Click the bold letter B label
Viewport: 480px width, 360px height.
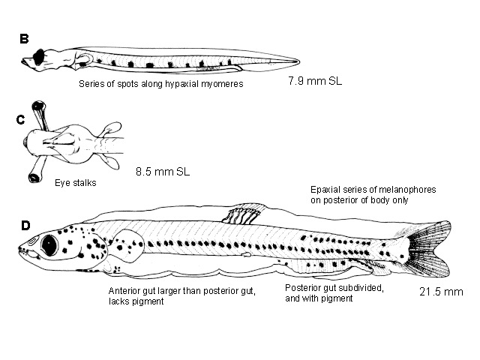point(24,39)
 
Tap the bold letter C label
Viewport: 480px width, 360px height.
point(20,120)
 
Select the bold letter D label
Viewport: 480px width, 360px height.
point(25,226)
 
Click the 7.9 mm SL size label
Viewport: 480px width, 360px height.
point(315,81)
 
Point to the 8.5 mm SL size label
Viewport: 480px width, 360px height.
point(163,172)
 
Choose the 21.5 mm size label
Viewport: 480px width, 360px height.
point(441,292)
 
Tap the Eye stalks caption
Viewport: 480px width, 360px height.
point(76,183)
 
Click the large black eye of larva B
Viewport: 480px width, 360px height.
point(39,57)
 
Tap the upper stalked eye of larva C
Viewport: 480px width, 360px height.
point(38,106)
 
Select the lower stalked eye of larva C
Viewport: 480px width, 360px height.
point(34,178)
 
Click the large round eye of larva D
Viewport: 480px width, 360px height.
point(49,245)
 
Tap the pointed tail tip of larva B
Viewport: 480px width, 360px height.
point(298,61)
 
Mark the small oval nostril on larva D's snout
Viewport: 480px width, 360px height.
point(32,241)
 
